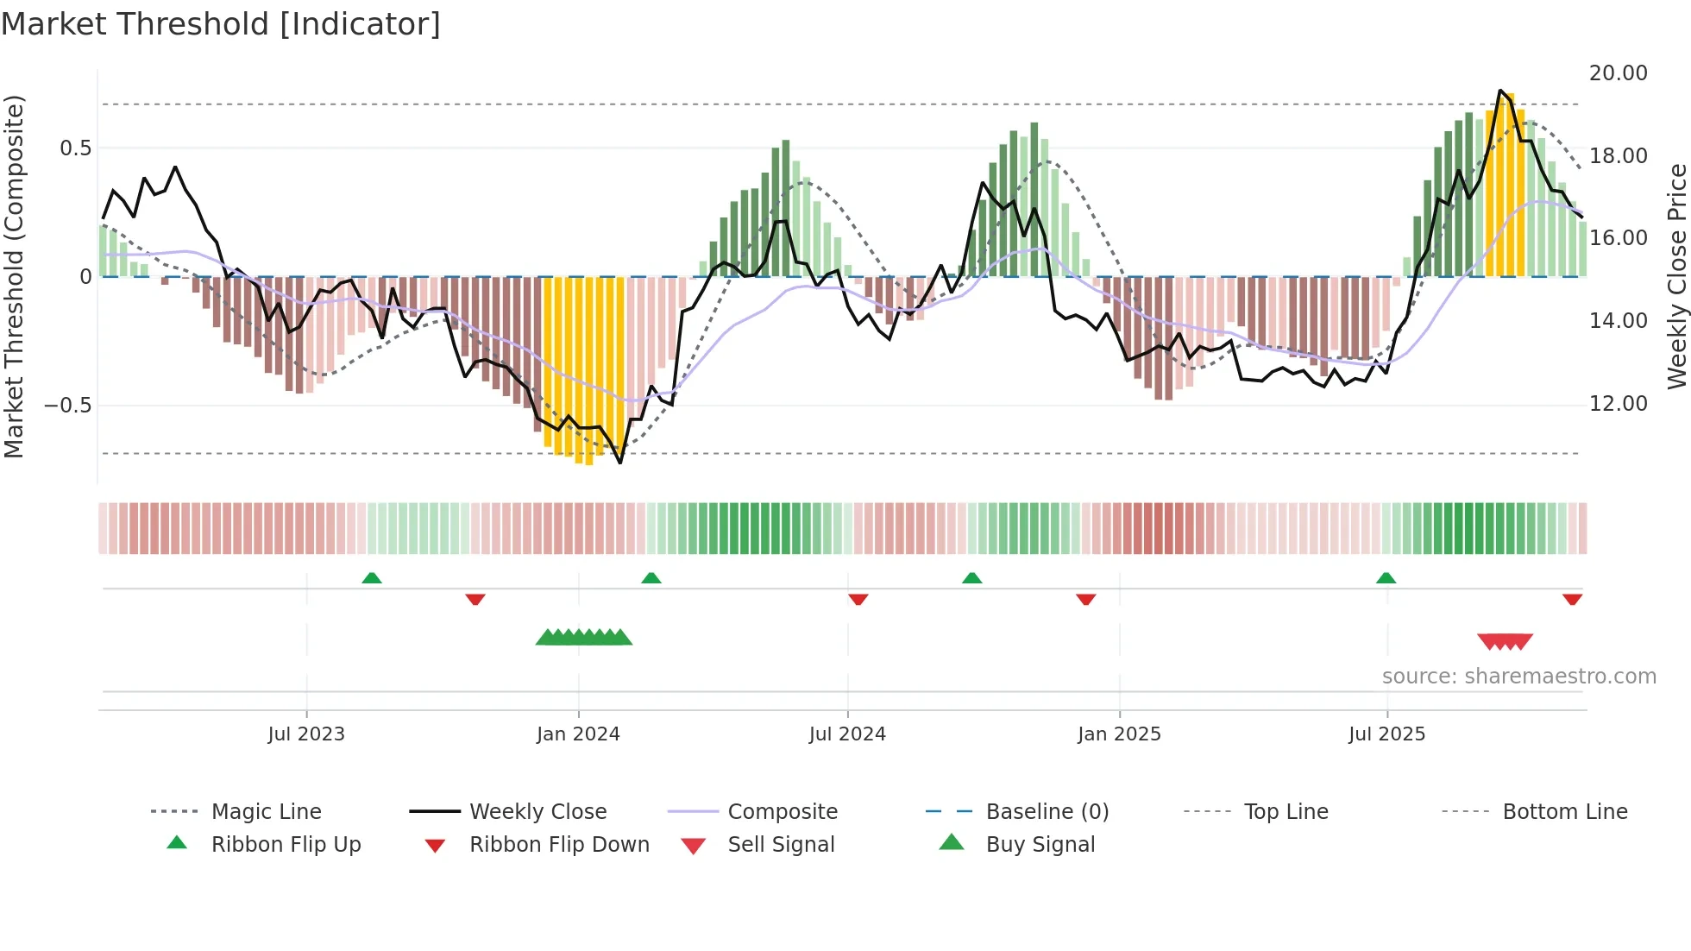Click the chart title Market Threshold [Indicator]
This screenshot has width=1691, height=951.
point(221,24)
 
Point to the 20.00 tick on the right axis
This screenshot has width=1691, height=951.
point(1618,73)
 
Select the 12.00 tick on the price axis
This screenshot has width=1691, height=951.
point(1618,404)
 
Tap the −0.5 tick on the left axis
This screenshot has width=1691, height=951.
point(67,406)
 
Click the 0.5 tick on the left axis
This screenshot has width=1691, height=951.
point(75,148)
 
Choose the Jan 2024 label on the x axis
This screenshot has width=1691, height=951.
point(578,734)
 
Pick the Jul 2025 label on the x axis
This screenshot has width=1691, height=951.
point(1386,734)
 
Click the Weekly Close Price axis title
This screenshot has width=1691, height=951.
point(1676,276)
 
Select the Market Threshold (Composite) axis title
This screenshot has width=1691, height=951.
point(14,276)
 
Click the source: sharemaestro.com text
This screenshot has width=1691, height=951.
point(1518,677)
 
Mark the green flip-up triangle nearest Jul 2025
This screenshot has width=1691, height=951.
point(1386,578)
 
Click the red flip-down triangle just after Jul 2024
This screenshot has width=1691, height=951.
point(858,599)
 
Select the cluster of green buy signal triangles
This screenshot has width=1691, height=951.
point(584,638)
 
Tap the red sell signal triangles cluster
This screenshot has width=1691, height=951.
point(1505,641)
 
